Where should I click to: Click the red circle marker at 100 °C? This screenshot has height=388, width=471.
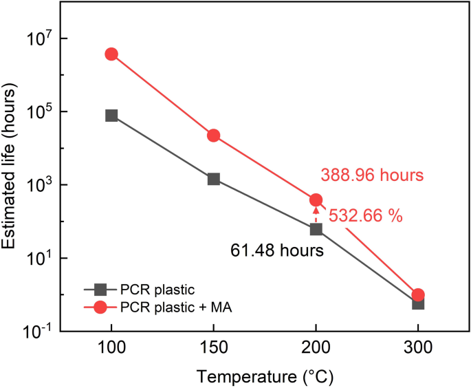click(x=111, y=54)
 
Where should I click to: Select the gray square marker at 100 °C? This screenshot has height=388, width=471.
click(x=111, y=116)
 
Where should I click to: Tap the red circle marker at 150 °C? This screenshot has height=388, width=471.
click(x=214, y=136)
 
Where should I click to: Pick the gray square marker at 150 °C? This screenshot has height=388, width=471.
click(x=214, y=180)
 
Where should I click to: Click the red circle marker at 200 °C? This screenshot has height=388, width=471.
click(x=316, y=200)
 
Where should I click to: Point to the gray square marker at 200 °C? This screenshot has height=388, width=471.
click(x=316, y=229)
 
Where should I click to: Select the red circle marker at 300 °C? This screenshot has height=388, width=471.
click(x=418, y=295)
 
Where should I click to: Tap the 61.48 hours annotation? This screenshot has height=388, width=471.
click(x=276, y=251)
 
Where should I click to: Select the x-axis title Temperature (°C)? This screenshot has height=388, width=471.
click(x=265, y=377)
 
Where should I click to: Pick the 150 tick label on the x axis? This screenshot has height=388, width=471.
click(x=214, y=349)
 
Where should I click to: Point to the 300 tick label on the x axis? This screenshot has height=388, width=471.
click(x=418, y=349)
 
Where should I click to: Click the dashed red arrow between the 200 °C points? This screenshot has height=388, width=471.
click(x=316, y=215)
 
